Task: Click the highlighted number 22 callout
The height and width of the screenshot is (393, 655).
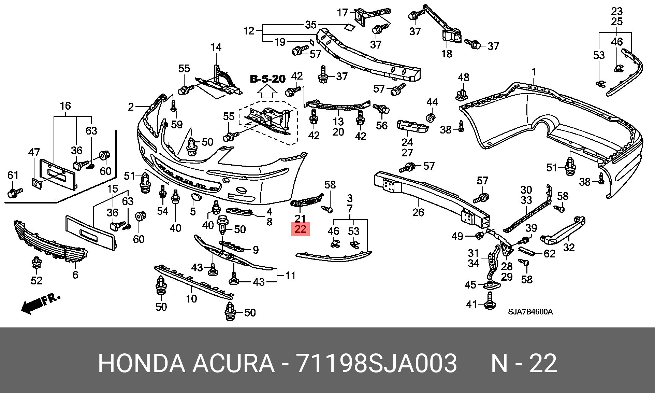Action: (x=300, y=229)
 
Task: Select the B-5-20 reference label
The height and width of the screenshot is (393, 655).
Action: (x=268, y=79)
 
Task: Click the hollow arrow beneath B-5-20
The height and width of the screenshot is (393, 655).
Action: (x=267, y=93)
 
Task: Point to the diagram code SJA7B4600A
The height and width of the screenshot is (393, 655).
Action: (x=530, y=312)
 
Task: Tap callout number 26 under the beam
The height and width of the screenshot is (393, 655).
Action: (x=418, y=212)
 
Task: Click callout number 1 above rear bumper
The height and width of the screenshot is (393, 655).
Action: (x=534, y=72)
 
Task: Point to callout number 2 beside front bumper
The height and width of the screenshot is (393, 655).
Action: (x=131, y=107)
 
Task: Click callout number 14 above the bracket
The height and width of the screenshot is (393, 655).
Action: (x=216, y=47)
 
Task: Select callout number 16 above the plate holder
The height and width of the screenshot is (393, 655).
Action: (x=65, y=106)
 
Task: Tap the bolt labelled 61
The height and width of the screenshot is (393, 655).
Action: (x=15, y=193)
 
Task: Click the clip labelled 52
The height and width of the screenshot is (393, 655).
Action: (x=36, y=265)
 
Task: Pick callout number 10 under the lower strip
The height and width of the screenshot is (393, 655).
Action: (x=191, y=299)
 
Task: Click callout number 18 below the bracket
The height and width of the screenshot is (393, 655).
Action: (x=447, y=54)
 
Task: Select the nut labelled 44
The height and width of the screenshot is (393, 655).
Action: (x=432, y=117)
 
